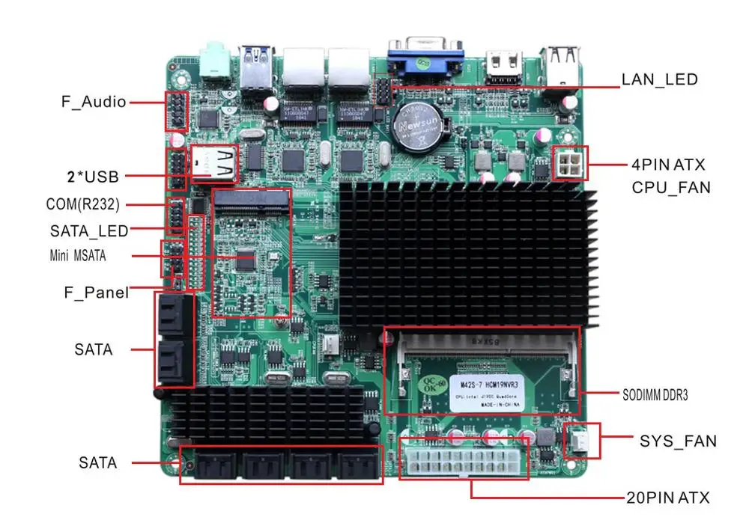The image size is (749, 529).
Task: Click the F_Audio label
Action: coord(94,102)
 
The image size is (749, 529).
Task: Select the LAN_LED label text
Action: coord(659,79)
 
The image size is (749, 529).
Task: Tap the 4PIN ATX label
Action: coord(668,164)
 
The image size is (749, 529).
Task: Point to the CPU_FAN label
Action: coord(671,187)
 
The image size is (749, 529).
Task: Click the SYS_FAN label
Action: coord(678,441)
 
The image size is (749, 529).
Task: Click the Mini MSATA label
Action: coord(78,256)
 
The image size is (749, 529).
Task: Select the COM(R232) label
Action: coord(82,204)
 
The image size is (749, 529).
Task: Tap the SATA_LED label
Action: coord(89,231)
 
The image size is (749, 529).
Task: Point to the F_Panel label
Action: coord(96,293)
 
